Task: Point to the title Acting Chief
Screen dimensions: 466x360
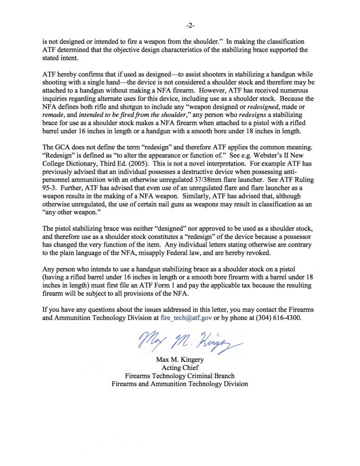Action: click(180, 368)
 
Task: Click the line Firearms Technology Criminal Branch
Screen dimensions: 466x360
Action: click(180, 376)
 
